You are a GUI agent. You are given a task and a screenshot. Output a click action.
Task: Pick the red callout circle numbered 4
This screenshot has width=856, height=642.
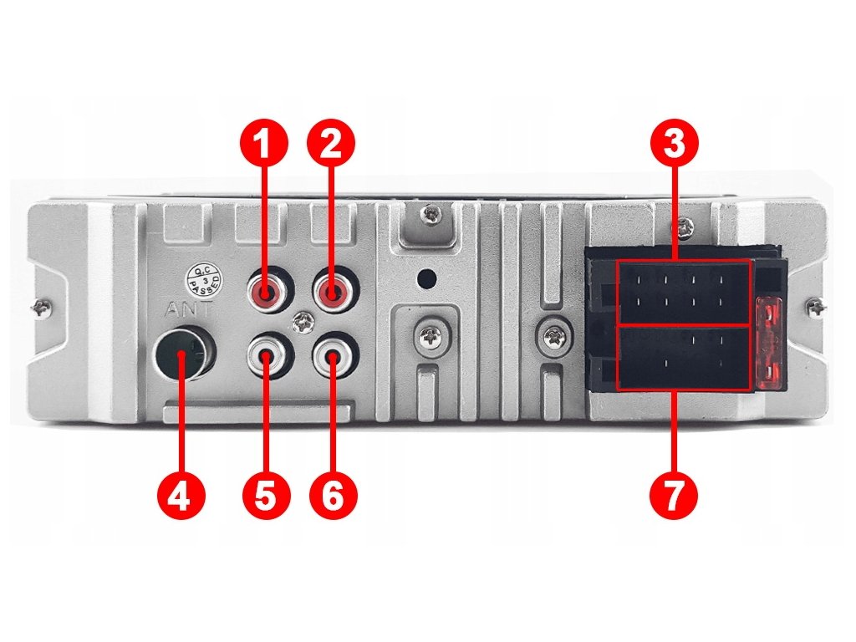181,497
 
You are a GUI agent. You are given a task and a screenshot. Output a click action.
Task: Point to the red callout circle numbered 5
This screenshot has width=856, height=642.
265,497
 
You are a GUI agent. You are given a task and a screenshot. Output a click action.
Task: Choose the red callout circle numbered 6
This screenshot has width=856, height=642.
333,497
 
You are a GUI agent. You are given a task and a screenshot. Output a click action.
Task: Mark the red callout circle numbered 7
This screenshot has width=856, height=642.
674,497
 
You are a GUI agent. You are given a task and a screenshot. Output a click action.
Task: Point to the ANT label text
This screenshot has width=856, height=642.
187,309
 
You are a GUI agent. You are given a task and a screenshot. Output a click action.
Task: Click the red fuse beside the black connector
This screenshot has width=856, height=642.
771,343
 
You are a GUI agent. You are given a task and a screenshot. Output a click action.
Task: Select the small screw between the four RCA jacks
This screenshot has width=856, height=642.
301,324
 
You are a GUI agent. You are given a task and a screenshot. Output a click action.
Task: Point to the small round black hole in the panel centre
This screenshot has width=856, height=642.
426,278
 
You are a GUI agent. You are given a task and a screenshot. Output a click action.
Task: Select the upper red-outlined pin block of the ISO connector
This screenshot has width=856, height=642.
684,293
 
